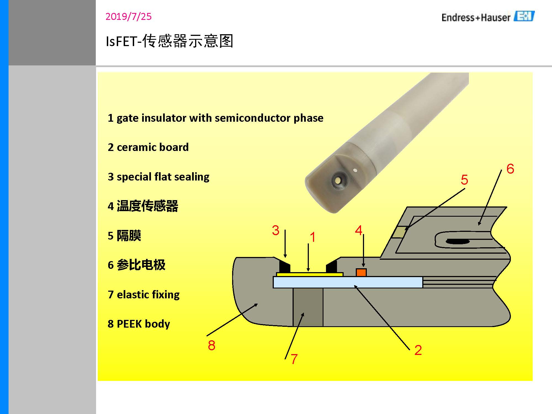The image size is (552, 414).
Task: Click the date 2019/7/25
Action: tap(128, 17)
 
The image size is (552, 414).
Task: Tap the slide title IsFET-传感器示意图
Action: tap(169, 41)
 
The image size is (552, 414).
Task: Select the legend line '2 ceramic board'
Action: tap(148, 147)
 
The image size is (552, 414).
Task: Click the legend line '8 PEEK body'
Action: tap(139, 324)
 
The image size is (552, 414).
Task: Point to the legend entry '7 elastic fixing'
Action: tap(144, 294)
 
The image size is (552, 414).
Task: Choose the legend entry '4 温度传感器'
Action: tap(143, 206)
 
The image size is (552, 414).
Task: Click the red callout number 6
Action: tap(510, 169)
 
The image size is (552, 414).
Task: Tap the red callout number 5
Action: tap(464, 180)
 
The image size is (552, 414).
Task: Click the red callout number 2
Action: tap(418, 350)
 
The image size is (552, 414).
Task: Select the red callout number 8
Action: tap(211, 345)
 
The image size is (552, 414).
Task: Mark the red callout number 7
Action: tap(294, 359)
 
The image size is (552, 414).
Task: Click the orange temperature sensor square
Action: tap(361, 272)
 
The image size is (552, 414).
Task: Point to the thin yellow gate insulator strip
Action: tap(309, 274)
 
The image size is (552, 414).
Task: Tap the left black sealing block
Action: tap(284, 267)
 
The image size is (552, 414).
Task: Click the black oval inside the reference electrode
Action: tap(458, 242)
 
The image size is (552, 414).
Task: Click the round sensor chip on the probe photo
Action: tap(338, 181)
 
